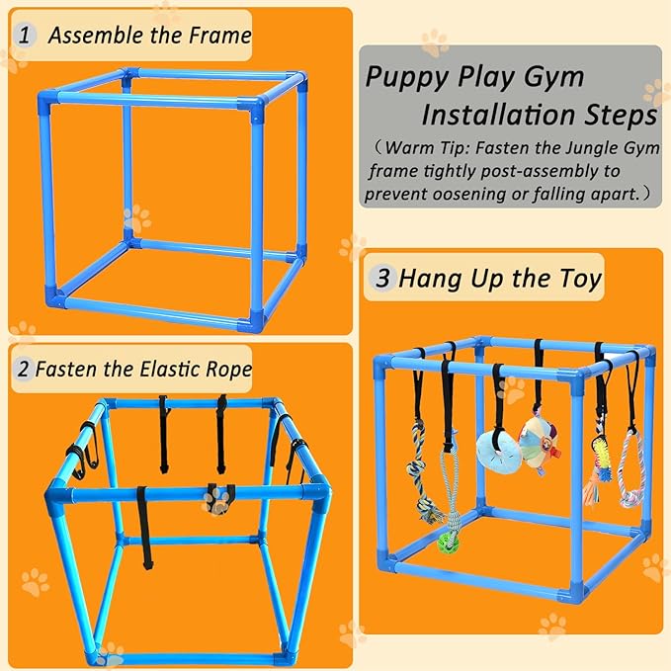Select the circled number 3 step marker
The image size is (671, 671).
pyautogui.click(x=382, y=279)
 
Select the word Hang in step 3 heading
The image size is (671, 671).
pyautogui.click(x=424, y=279)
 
